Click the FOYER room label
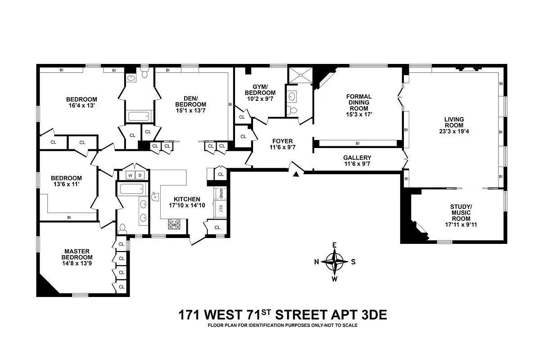coord(282,141)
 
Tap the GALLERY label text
coord(357,157)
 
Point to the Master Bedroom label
coord(77,254)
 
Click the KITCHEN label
coord(187,199)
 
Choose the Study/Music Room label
coord(461,213)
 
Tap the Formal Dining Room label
coord(359,102)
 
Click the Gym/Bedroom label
coord(260,90)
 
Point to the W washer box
coord(130,175)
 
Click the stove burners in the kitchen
coord(174,224)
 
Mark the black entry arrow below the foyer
coord(296,174)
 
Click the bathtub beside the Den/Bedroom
coord(139,116)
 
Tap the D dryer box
coord(140,175)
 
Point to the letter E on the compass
coord(335,245)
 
